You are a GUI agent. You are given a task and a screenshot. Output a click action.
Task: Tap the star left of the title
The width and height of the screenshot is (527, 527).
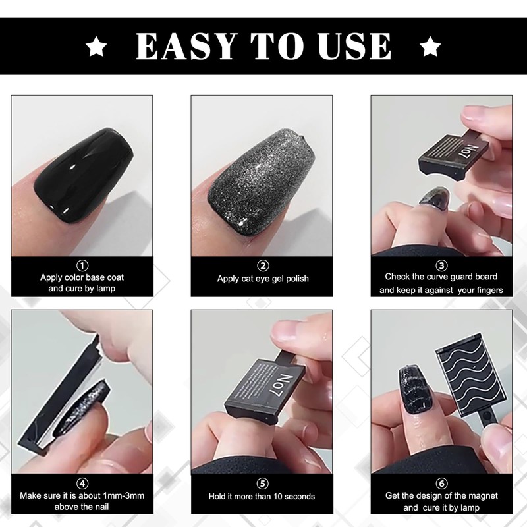click(x=97, y=46)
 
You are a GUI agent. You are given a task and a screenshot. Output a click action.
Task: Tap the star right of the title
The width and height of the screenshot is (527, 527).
click(x=430, y=46)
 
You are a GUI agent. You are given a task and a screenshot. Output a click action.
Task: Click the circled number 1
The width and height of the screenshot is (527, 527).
click(x=82, y=265)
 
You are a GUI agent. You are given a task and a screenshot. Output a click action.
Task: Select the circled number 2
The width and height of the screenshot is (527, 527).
click(x=263, y=265)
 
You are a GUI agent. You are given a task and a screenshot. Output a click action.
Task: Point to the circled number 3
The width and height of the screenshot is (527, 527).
click(x=441, y=265)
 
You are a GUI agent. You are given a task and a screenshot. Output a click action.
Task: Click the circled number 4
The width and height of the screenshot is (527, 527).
click(x=82, y=483)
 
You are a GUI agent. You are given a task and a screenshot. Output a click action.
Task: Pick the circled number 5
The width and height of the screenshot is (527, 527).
click(x=263, y=484)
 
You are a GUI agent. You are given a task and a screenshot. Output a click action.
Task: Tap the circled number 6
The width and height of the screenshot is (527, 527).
click(x=441, y=483)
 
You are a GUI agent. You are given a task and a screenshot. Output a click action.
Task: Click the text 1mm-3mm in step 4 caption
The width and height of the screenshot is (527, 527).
click(x=124, y=495)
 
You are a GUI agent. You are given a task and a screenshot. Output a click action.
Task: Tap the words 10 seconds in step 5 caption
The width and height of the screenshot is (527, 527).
click(x=292, y=496)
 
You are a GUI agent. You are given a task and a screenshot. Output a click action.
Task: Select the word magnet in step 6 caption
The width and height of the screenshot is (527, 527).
click(x=484, y=495)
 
